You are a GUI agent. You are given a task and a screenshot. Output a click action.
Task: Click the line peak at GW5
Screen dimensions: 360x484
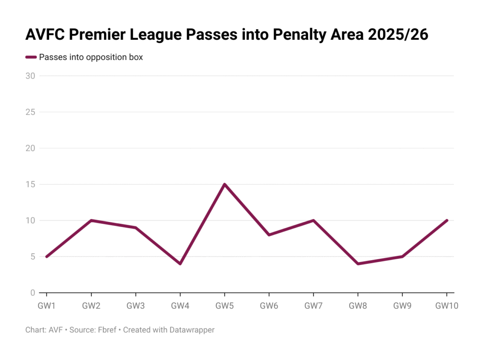click(x=225, y=184)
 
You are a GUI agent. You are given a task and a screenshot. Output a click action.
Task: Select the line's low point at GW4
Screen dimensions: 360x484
click(x=180, y=263)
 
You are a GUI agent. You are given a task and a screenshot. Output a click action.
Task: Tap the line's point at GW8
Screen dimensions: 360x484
click(x=358, y=263)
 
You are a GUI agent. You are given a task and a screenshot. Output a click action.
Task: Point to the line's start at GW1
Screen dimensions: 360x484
click(x=46, y=256)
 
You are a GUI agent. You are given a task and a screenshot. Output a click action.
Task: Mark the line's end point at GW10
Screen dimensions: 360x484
click(x=447, y=220)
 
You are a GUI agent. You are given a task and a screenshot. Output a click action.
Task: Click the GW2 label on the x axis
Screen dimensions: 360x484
click(x=91, y=306)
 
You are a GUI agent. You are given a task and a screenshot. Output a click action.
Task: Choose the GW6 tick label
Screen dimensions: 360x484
click(x=269, y=306)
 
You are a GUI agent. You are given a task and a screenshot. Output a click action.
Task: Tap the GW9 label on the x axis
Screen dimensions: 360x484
click(x=402, y=306)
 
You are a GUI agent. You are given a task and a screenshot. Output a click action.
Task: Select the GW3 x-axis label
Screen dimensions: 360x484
click(x=136, y=306)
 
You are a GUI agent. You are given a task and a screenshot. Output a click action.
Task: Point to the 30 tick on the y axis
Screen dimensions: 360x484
click(x=31, y=76)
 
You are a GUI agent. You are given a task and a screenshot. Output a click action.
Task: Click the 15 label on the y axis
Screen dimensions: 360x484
click(x=31, y=184)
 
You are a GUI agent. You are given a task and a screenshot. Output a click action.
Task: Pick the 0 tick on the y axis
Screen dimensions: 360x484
click(x=33, y=293)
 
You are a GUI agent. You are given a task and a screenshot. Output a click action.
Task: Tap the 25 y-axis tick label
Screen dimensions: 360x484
click(x=31, y=112)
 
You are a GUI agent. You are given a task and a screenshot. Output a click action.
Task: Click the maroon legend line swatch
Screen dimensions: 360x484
click(x=31, y=58)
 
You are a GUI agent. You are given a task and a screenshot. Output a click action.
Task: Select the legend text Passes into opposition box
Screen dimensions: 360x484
click(x=91, y=58)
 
